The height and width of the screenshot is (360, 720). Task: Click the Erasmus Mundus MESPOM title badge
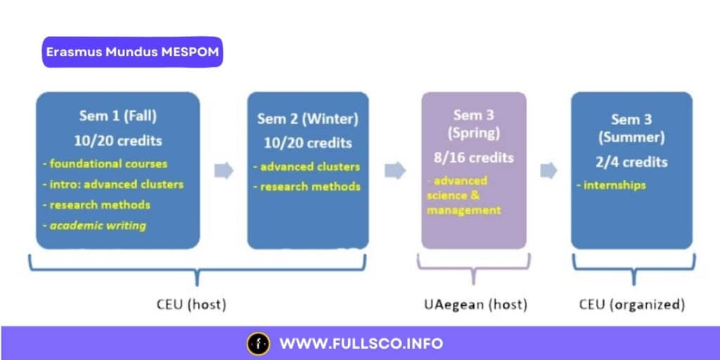[132, 53]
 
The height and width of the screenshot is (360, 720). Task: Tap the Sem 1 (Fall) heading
[118, 116]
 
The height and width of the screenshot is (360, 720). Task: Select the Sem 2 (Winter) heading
[307, 119]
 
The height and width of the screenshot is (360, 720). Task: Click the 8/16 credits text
[473, 157]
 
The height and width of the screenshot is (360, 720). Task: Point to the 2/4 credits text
[630, 161]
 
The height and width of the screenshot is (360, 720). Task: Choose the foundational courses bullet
[105, 164]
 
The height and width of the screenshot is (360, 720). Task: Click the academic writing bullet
[99, 225]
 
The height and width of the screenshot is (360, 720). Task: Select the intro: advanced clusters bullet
[112, 184]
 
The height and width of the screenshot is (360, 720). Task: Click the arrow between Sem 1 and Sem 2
[224, 171]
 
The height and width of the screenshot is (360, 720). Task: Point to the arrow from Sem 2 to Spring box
[394, 171]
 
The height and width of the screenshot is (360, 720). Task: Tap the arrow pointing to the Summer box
[548, 171]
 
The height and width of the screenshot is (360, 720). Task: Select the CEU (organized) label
[631, 304]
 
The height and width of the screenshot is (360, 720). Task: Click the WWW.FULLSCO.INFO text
[361, 344]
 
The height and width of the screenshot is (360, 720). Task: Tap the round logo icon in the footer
[258, 344]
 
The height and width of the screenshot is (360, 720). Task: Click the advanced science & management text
[464, 195]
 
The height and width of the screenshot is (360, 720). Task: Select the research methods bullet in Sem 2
[310, 186]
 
